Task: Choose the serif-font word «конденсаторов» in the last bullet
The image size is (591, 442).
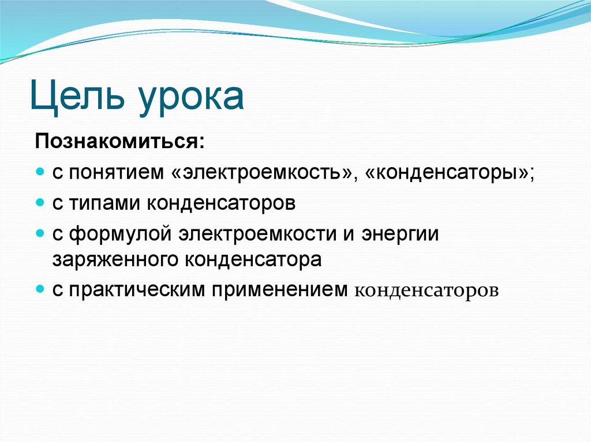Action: (425, 290)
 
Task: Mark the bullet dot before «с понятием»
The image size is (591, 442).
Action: (40, 173)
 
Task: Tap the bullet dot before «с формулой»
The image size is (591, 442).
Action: (40, 234)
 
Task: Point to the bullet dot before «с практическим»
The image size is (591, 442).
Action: (40, 289)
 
